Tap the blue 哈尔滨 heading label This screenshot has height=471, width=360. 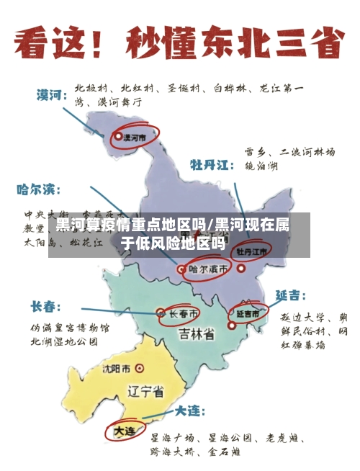[x=39, y=190]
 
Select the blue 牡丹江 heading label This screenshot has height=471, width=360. [x=212, y=165]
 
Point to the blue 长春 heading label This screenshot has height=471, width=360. [x=45, y=307]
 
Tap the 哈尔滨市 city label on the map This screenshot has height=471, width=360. [x=210, y=269]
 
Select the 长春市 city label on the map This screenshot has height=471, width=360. [x=182, y=314]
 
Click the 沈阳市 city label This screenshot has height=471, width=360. [x=117, y=369]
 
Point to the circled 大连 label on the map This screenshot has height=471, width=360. [x=124, y=431]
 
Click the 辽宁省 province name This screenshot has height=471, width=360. [x=145, y=392]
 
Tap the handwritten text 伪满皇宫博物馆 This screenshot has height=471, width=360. [x=69, y=328]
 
